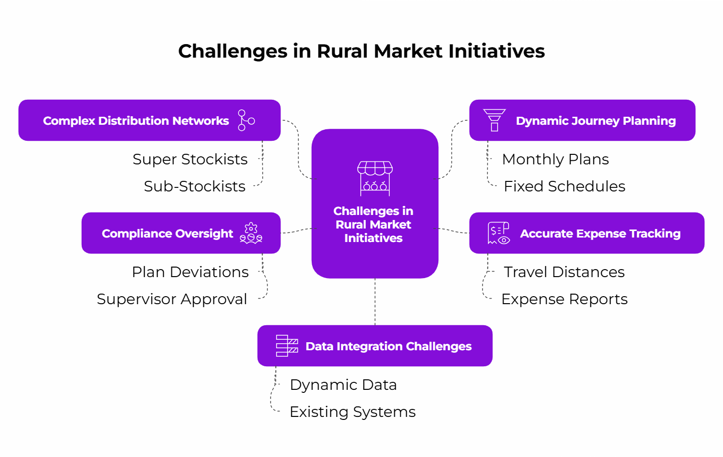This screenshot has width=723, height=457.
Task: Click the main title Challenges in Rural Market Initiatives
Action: (361, 51)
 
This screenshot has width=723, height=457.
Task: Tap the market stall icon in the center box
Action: (375, 178)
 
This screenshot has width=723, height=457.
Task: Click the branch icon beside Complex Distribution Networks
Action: (246, 121)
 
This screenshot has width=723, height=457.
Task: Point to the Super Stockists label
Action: (190, 159)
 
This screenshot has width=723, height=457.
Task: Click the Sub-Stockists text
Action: (194, 186)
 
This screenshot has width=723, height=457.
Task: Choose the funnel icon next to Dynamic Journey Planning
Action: (494, 120)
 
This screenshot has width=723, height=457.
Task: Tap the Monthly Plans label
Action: (555, 159)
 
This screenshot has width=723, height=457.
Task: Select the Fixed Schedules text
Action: (564, 186)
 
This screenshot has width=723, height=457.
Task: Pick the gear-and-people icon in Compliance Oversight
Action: (251, 234)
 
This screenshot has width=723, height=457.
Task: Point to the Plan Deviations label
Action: (190, 272)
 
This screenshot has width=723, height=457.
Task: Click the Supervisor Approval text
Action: (172, 299)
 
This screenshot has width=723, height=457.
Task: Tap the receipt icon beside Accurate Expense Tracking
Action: (498, 234)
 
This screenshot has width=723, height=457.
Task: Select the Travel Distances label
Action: (564, 272)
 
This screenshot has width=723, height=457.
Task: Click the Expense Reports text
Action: (564, 299)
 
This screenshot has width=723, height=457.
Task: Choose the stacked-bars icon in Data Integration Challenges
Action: (287, 346)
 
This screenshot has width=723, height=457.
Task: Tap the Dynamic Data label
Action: (343, 385)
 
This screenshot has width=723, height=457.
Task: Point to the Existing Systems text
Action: (352, 412)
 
